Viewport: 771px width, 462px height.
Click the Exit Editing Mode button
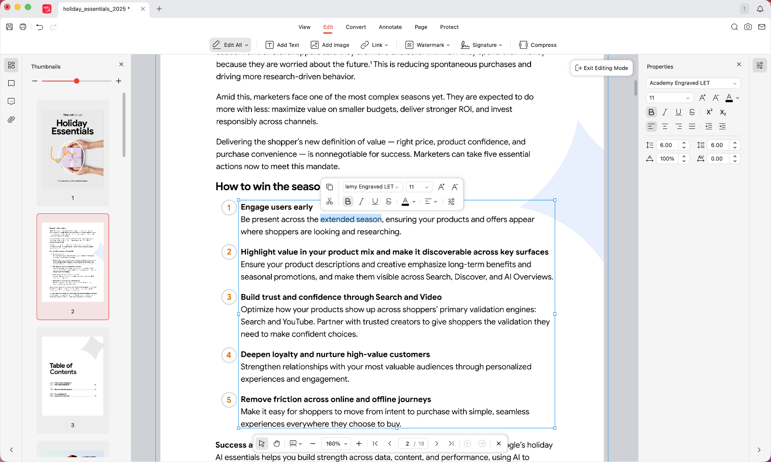(602, 68)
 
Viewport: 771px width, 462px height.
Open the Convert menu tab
(355, 27)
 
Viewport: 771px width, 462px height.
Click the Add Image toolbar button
(330, 45)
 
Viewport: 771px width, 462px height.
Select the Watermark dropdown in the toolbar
(427, 45)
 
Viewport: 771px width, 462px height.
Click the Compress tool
(537, 45)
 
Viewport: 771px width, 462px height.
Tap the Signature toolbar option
(481, 45)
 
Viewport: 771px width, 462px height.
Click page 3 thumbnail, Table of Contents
(73, 376)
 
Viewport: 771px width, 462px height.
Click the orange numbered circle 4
(229, 355)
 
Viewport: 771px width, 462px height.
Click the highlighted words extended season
(350, 220)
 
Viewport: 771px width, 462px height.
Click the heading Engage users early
(277, 207)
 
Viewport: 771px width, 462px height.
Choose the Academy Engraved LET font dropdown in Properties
(693, 83)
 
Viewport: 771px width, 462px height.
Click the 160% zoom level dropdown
(336, 444)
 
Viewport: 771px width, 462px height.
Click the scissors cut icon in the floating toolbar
(330, 201)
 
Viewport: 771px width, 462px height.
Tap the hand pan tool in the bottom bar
(277, 444)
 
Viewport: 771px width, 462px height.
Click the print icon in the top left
(23, 27)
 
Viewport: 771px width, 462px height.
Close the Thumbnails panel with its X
(121, 64)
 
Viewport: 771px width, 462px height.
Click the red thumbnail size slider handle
(76, 81)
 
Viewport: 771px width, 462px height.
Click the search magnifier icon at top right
(734, 27)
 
